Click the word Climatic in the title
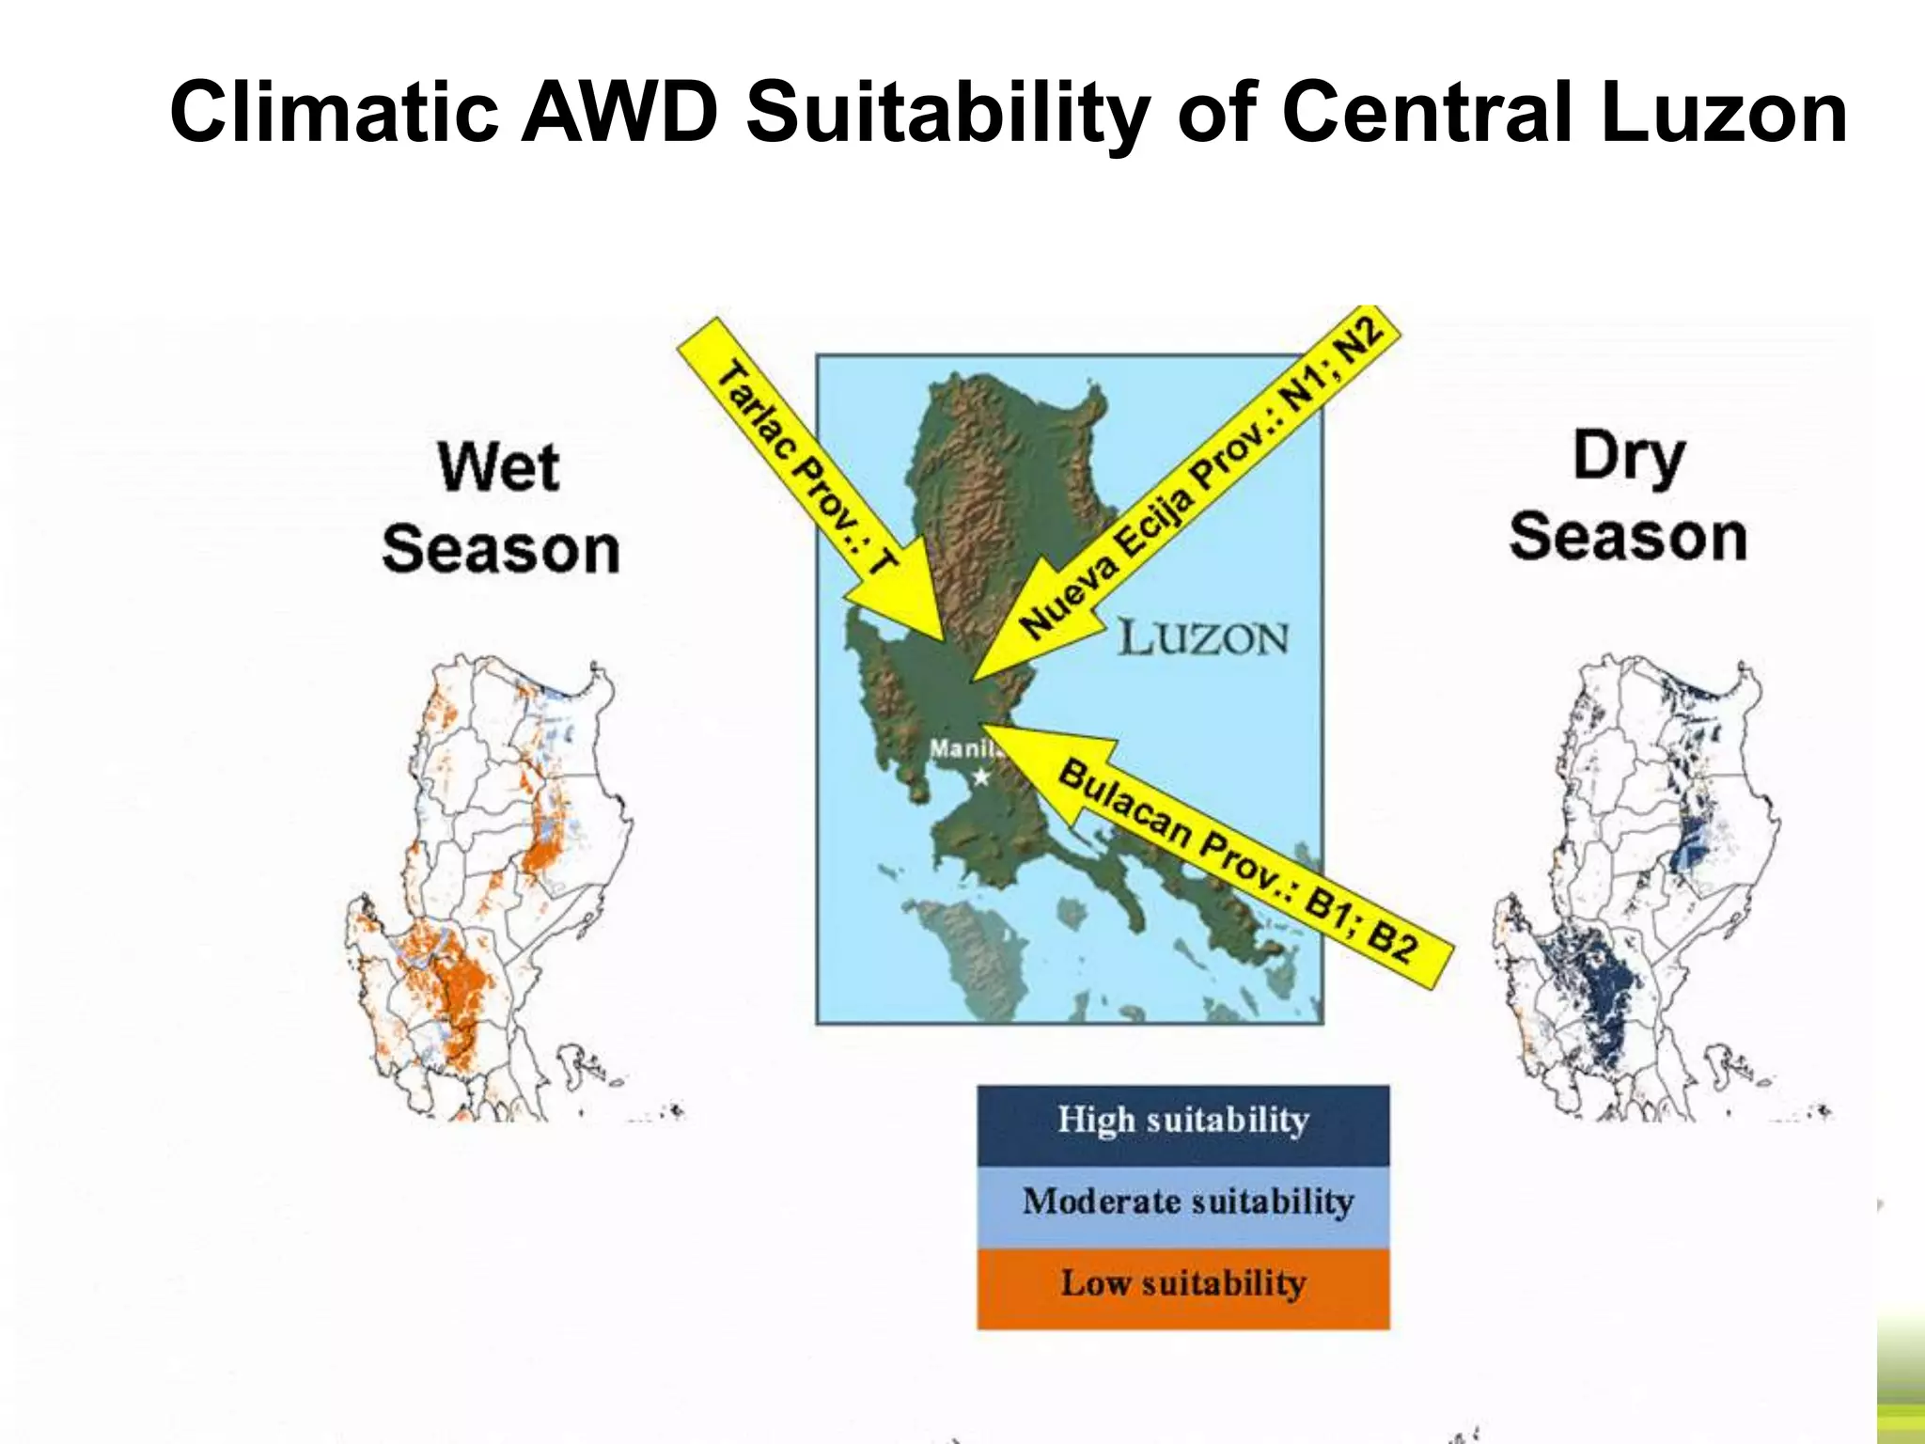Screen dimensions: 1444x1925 point(334,113)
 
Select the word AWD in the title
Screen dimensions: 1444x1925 point(619,113)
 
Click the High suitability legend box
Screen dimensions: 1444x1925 point(1182,1124)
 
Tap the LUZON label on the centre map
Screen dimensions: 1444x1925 point(1203,639)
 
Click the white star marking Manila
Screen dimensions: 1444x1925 point(980,777)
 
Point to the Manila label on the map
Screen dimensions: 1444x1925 point(962,749)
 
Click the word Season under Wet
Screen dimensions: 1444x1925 point(501,550)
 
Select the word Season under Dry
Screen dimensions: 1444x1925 point(1628,538)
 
